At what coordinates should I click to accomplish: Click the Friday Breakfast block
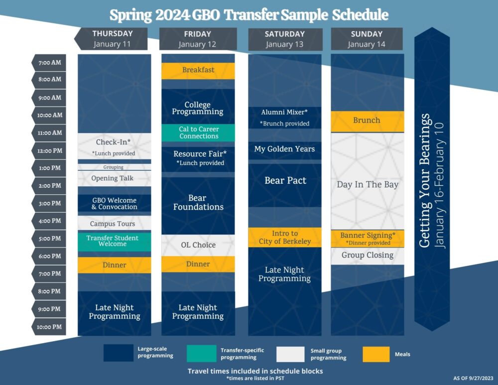[198, 71]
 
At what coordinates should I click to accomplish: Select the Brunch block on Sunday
[368, 122]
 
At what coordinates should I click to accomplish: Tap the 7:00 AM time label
[49, 63]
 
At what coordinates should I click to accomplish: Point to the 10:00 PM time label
[49, 327]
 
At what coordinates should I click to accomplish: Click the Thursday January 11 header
[111, 39]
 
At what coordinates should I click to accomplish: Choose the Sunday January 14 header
[367, 39]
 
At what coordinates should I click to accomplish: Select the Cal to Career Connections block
[198, 133]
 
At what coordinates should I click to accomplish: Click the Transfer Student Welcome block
[115, 242]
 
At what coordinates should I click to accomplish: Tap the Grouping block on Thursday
[115, 167]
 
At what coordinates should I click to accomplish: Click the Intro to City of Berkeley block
[285, 237]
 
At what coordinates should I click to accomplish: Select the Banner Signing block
[368, 239]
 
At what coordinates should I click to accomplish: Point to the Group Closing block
[368, 256]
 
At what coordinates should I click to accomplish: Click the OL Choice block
[198, 245]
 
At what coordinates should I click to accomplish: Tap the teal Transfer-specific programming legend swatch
[201, 354]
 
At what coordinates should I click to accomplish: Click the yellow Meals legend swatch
[376, 354]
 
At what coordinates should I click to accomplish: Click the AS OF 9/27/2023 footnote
[473, 378]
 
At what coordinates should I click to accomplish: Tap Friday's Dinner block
[198, 264]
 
